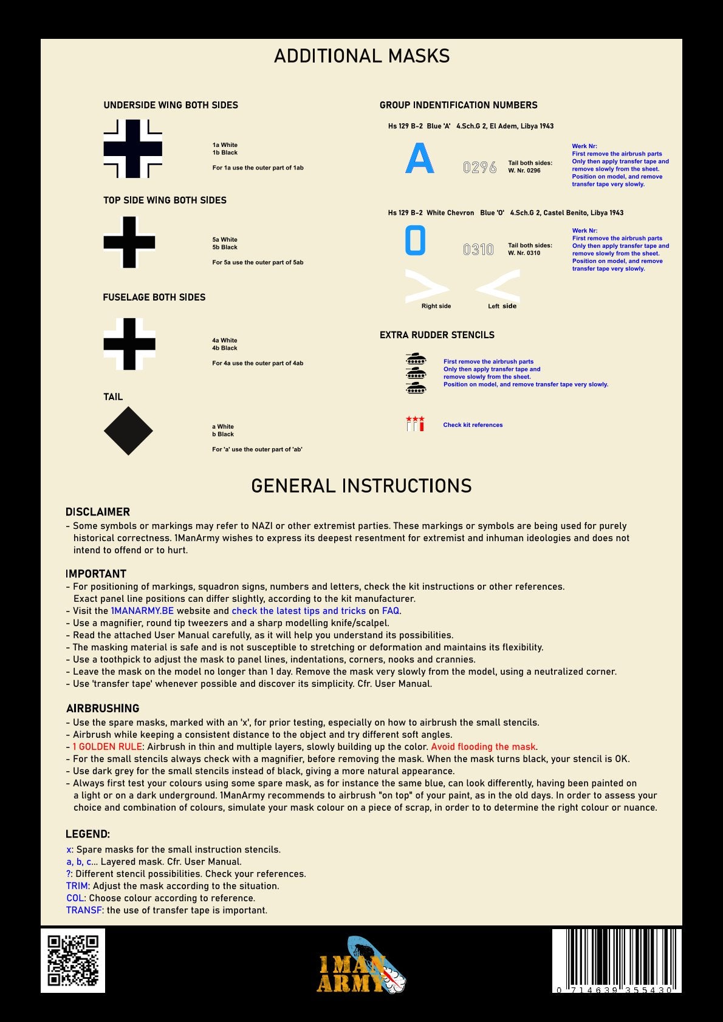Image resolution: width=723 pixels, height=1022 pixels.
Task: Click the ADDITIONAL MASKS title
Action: point(361,56)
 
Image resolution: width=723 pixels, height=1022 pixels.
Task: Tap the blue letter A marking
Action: point(419,158)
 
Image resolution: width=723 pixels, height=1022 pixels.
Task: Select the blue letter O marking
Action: point(415,240)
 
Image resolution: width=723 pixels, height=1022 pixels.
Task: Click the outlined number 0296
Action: point(479,167)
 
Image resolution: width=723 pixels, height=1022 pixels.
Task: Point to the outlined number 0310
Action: point(478,250)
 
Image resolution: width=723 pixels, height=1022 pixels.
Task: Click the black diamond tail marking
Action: point(128,431)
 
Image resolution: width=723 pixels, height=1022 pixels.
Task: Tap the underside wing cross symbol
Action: point(132,149)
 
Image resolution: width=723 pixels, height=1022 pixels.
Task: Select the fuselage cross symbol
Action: point(129,344)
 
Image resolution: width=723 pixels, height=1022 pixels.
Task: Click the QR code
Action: point(73,960)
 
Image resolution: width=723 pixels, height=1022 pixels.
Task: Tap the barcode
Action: point(616,959)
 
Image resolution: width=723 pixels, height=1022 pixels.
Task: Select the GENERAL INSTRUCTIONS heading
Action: point(361,486)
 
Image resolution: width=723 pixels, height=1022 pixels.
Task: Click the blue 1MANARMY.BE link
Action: point(142,611)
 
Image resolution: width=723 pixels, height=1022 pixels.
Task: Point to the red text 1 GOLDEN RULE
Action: point(107,747)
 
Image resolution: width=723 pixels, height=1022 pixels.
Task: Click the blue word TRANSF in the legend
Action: point(84,910)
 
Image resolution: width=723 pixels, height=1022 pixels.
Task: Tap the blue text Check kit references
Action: point(473,425)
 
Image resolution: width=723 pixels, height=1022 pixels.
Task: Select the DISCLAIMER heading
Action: point(98,512)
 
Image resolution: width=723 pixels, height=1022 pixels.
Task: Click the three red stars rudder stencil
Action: point(415,420)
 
